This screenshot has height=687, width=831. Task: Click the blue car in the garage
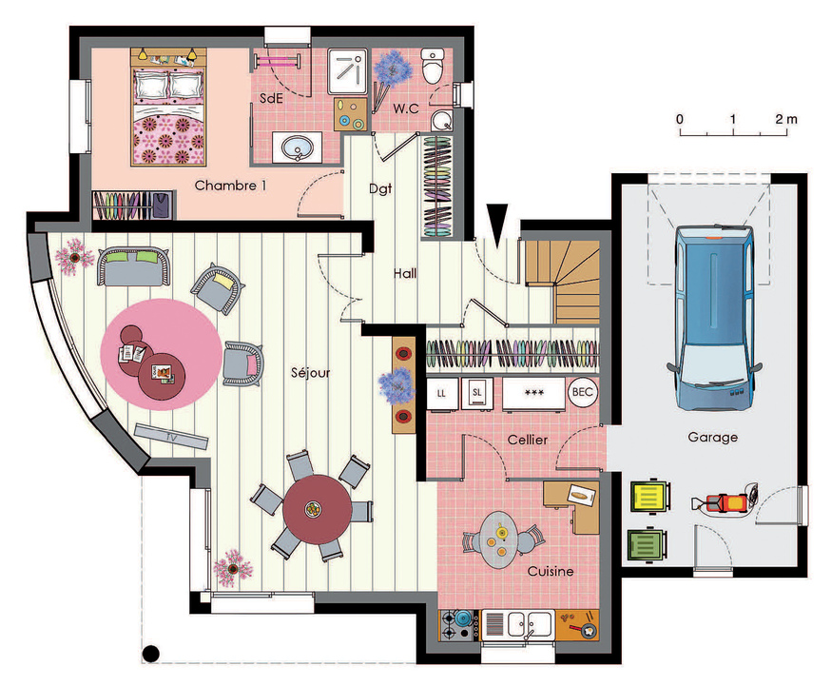(714, 318)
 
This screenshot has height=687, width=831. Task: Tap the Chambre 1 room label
(230, 186)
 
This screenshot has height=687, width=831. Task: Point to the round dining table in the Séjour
(317, 509)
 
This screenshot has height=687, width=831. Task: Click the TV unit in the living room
(170, 436)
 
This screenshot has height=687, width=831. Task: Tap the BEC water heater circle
(583, 392)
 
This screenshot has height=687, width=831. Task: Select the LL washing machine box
(442, 393)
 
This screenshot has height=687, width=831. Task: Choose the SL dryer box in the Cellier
(477, 393)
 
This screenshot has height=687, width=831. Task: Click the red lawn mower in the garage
(725, 500)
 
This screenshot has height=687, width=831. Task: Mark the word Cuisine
(551, 571)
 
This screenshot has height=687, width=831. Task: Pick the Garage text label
(712, 437)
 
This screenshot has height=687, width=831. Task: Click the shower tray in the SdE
(347, 71)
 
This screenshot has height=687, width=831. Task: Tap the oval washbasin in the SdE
(297, 147)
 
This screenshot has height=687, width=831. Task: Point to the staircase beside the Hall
(562, 282)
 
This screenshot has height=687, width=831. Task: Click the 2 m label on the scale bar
(786, 119)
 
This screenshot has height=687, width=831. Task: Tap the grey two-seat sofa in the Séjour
(133, 265)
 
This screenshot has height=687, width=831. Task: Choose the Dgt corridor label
(380, 188)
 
